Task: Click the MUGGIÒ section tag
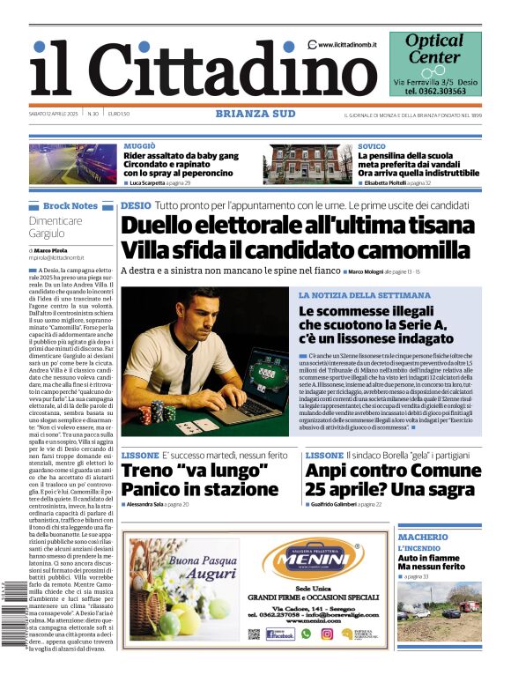tap(140, 145)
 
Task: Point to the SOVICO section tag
tap(371, 145)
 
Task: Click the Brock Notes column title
tap(70, 206)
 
